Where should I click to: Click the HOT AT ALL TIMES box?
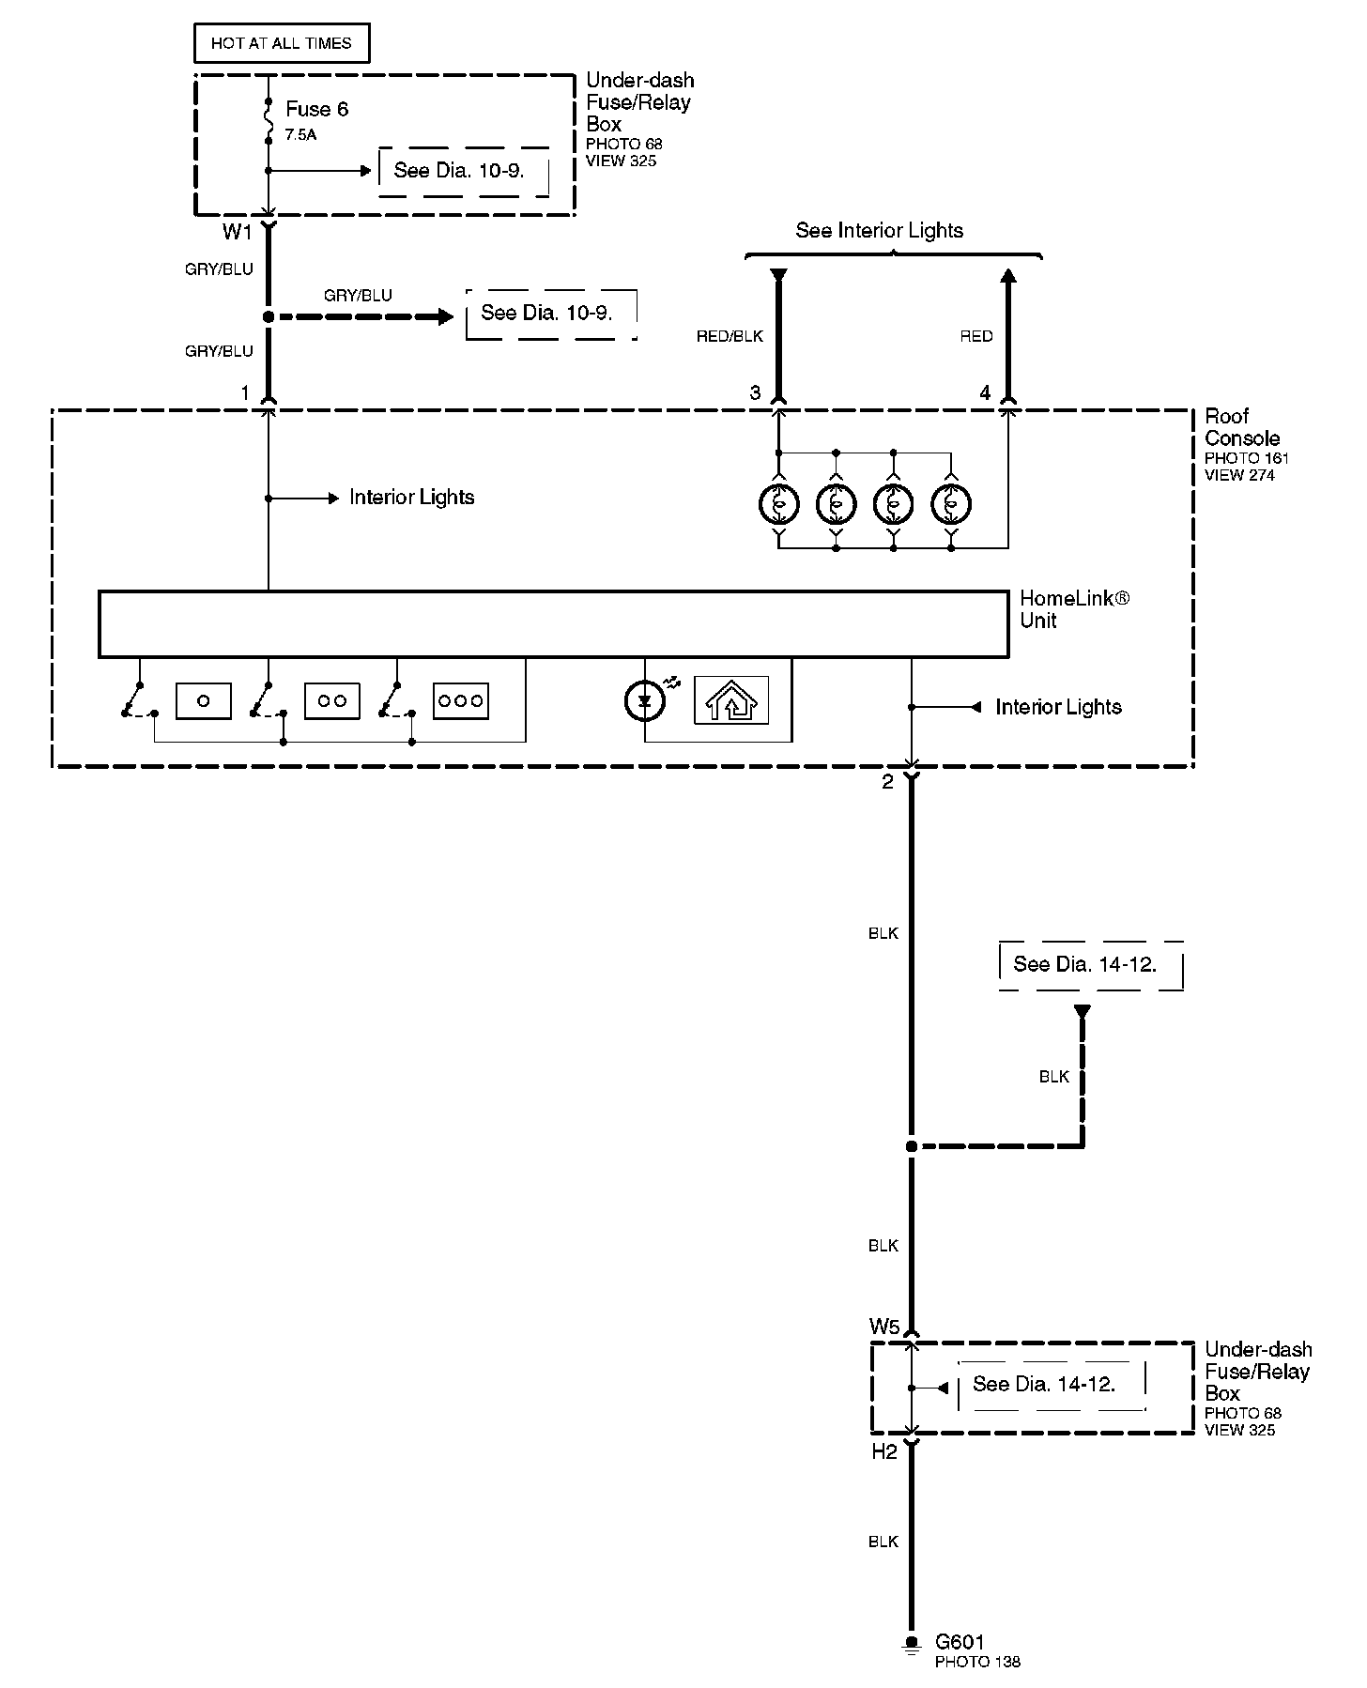pyautogui.click(x=281, y=44)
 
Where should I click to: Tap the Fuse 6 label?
pyautogui.click(x=316, y=110)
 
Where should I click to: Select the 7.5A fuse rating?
pyautogui.click(x=300, y=135)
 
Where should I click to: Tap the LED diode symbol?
pyautogui.click(x=644, y=701)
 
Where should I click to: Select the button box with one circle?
pyautogui.click(x=203, y=701)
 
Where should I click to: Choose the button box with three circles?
pyautogui.click(x=460, y=701)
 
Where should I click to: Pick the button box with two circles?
pyautogui.click(x=331, y=701)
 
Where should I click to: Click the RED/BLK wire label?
pyautogui.click(x=730, y=336)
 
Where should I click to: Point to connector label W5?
pyautogui.click(x=884, y=1327)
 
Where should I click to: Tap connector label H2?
pyautogui.click(x=884, y=1451)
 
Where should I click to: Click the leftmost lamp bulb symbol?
pyautogui.click(x=778, y=505)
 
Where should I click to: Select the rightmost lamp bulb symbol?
pyautogui.click(x=951, y=505)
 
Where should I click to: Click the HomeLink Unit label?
pyautogui.click(x=1074, y=609)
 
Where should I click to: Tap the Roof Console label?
pyautogui.click(x=1241, y=427)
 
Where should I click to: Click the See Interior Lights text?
pyautogui.click(x=879, y=231)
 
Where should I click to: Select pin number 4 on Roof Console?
pyautogui.click(x=985, y=393)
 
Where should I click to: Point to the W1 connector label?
pyautogui.click(x=238, y=232)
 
